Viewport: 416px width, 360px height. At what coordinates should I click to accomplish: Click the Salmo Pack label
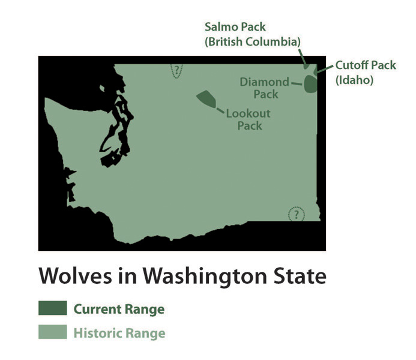pos(235,27)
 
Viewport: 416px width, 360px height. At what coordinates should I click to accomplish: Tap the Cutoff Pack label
pos(366,65)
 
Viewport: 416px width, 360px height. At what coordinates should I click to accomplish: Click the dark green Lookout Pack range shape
pos(206,98)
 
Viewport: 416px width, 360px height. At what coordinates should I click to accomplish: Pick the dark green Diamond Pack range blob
pos(310,83)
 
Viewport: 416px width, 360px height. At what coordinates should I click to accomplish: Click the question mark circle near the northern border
pos(176,71)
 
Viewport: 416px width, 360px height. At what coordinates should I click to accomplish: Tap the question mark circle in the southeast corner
pos(296,214)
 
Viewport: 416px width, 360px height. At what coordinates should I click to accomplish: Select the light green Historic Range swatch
pos(52,332)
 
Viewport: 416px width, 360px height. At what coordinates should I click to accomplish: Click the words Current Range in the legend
pos(119,310)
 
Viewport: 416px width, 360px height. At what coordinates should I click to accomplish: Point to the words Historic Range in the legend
pos(119,332)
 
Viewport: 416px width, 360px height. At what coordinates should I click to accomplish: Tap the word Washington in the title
pos(196,277)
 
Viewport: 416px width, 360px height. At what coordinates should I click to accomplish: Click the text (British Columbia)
pos(252,41)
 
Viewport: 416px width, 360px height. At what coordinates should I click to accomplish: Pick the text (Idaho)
pos(354,80)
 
